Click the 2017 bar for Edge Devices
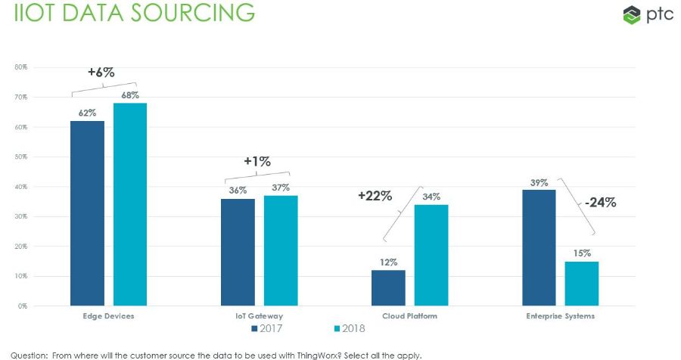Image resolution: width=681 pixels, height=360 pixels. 87,213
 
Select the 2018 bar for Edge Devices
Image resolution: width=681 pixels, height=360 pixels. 130,203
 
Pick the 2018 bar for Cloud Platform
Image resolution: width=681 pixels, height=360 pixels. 431,255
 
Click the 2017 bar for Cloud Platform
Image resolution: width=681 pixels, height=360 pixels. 388,287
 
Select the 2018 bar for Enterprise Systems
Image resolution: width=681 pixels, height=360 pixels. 582,284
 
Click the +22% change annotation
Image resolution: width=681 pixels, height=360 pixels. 375,196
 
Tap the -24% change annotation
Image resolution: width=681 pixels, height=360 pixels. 600,202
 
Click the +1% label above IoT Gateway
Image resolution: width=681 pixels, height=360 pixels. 257,161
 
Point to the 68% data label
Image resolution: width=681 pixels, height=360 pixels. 129,95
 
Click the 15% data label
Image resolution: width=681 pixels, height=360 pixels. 582,253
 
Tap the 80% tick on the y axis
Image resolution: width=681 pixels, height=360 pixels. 20,67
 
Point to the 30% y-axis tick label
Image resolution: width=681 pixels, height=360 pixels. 20,216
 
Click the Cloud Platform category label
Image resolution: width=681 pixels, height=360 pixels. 410,315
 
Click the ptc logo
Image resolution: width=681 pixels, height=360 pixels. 643,14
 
